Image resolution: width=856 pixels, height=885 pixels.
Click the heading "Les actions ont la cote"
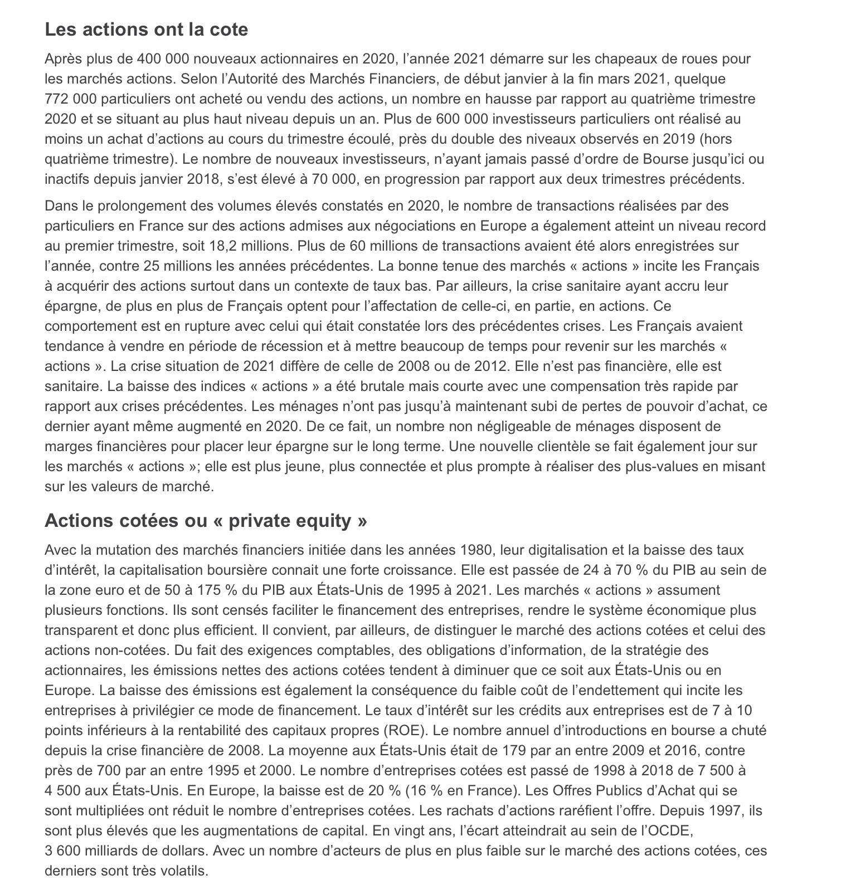[x=146, y=29]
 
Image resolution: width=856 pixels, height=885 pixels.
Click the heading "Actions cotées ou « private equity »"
[x=206, y=520]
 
